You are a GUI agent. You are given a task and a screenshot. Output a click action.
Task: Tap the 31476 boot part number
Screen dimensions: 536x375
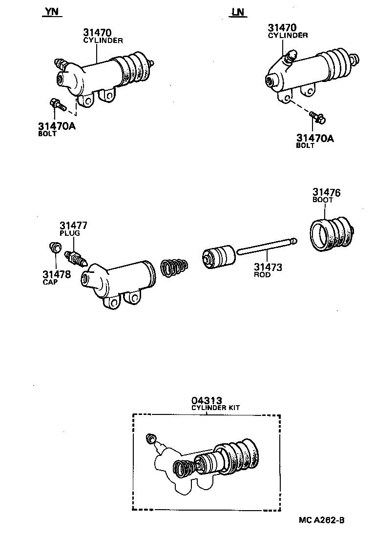pos(327,192)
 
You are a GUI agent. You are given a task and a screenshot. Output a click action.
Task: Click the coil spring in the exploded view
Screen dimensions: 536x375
pos(174,268)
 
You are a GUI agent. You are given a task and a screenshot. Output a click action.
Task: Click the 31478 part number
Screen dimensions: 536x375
pos(56,274)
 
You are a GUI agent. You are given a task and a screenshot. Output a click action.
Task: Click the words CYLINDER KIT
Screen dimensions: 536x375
pos(215,408)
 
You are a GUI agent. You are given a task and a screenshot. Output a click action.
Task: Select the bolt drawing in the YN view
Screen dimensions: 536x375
pos(56,104)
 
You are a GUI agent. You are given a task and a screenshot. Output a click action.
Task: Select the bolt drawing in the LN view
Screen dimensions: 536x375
pos(318,117)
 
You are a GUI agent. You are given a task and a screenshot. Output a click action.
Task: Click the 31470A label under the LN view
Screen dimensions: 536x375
pos(315,138)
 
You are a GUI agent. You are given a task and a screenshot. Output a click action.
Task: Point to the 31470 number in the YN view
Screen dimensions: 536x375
pos(99,33)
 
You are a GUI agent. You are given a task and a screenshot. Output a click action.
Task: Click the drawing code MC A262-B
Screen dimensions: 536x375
pos(322,520)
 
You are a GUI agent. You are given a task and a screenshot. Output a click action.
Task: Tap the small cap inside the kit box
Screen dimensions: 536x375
pos(151,437)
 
